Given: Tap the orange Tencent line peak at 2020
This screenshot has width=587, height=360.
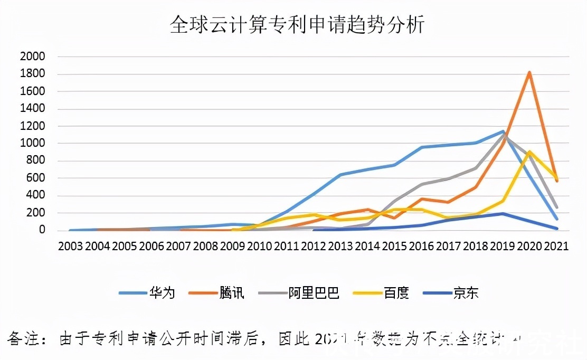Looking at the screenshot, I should (x=529, y=73).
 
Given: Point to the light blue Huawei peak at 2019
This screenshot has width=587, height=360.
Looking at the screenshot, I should (x=503, y=131).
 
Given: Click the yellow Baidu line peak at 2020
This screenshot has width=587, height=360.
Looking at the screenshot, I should (x=529, y=152).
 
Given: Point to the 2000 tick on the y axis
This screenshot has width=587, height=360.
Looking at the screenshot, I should (x=32, y=56).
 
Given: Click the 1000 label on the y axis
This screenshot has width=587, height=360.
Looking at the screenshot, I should (x=32, y=144).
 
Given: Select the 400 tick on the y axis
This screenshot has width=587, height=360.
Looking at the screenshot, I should (x=36, y=196).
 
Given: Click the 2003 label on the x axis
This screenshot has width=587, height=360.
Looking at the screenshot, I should (x=70, y=247).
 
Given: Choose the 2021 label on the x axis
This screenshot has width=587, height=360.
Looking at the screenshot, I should (x=555, y=247).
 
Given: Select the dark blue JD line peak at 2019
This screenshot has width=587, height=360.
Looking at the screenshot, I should (x=503, y=214).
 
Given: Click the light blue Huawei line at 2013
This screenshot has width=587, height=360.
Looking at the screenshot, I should (x=340, y=175).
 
